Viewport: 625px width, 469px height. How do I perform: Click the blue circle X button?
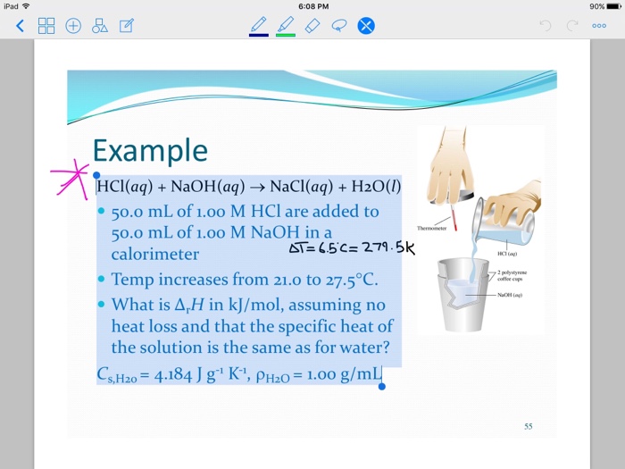coord(365,26)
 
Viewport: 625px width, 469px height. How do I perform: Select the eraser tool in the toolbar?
coord(312,25)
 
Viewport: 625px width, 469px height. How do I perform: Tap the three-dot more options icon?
coord(598,26)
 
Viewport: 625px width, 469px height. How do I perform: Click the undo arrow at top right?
coord(546,26)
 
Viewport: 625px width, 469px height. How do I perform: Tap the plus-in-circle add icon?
coord(73,26)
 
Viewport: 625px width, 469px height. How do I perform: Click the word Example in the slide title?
coord(149,150)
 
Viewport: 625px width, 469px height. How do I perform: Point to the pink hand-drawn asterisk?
coord(71,174)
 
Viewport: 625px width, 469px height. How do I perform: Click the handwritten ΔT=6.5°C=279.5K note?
coord(352,247)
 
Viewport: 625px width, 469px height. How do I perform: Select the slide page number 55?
coord(529,426)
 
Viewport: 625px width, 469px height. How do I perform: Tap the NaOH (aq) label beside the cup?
coord(511,294)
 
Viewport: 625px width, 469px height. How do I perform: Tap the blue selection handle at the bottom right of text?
coord(382,386)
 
